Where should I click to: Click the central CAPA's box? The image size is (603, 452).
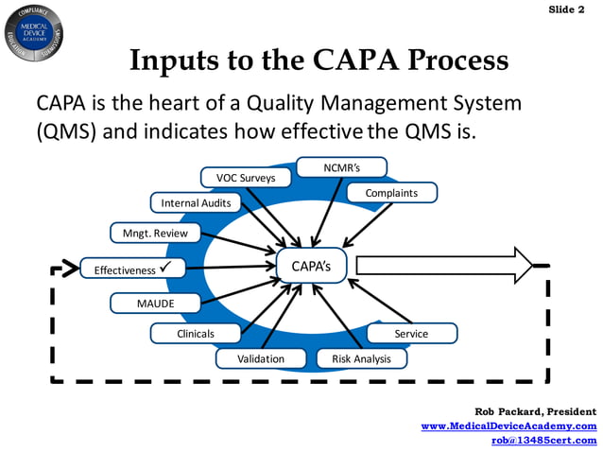(311, 266)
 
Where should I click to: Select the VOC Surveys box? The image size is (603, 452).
(246, 177)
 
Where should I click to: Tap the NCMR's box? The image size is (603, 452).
(341, 167)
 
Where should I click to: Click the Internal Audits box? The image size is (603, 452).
(196, 202)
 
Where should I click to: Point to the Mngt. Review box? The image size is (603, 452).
(155, 233)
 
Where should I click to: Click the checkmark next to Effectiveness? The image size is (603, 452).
(164, 269)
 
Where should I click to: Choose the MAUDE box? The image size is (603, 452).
(155, 304)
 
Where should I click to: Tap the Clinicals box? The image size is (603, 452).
(196, 333)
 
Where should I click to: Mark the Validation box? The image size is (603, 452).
(261, 358)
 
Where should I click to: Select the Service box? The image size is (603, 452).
(411, 333)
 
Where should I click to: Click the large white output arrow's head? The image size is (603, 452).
(522, 265)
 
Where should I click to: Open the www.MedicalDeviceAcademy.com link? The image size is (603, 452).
(508, 426)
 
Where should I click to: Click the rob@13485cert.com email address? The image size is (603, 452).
(544, 440)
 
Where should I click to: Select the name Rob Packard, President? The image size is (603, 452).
(535, 411)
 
